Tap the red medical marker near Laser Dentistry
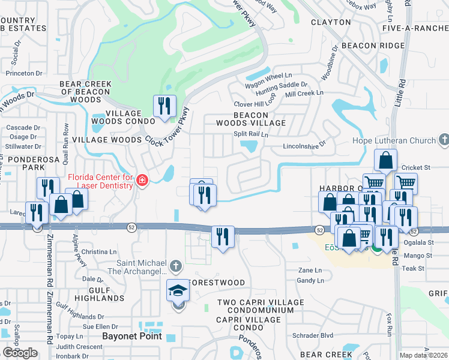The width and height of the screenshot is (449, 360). [x=142, y=180]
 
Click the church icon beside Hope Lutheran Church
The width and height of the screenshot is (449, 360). [x=444, y=140]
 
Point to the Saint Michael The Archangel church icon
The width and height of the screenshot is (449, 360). [x=175, y=265]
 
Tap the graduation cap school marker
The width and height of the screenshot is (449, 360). [x=178, y=292]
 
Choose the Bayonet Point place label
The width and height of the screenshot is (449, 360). [x=132, y=336]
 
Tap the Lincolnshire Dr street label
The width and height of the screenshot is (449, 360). [x=303, y=145]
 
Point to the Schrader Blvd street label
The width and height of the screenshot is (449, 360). [x=312, y=335]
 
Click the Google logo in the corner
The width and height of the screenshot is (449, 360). [x=20, y=353]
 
